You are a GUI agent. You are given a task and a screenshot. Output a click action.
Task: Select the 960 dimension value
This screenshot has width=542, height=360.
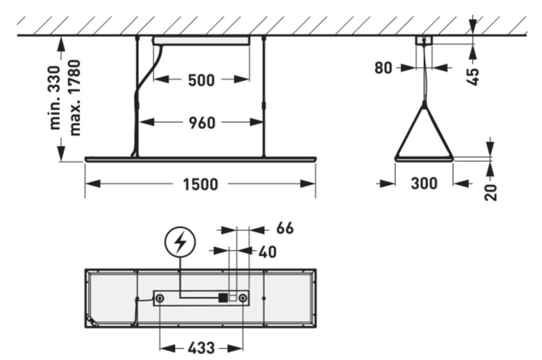point(202,122)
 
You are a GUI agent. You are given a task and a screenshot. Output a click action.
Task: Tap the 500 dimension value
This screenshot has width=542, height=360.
point(201,80)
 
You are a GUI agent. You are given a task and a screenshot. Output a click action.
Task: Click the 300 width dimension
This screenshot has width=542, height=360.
point(424,183)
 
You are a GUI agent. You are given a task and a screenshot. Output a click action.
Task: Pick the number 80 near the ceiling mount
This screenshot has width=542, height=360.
point(383,68)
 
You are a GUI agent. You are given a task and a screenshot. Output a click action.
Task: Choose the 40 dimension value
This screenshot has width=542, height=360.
point(267,252)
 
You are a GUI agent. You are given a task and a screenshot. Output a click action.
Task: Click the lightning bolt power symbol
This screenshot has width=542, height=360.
point(181,243)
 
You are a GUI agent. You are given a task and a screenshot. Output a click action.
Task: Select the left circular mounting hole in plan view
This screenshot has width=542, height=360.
point(160,298)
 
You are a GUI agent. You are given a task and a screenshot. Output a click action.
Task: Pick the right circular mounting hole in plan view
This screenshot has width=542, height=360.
point(243,298)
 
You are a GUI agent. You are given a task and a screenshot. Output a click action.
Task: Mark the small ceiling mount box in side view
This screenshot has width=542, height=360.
point(424,41)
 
